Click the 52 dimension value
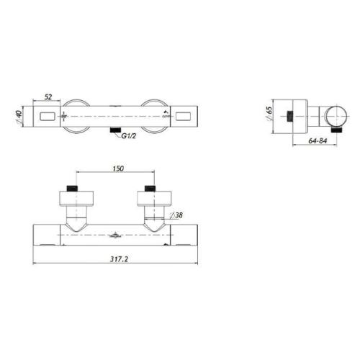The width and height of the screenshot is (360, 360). [48, 97]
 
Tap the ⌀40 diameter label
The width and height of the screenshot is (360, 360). [19, 117]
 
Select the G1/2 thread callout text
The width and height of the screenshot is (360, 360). [129, 136]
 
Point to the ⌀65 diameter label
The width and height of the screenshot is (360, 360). [269, 114]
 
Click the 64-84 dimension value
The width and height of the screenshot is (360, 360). [318, 141]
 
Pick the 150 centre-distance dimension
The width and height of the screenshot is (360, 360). [118, 168]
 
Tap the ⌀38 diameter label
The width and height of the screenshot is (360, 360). [176, 215]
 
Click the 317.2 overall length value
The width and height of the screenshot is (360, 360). [120, 259]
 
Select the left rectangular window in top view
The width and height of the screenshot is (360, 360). [48, 117]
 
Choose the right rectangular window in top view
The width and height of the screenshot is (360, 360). [183, 117]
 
